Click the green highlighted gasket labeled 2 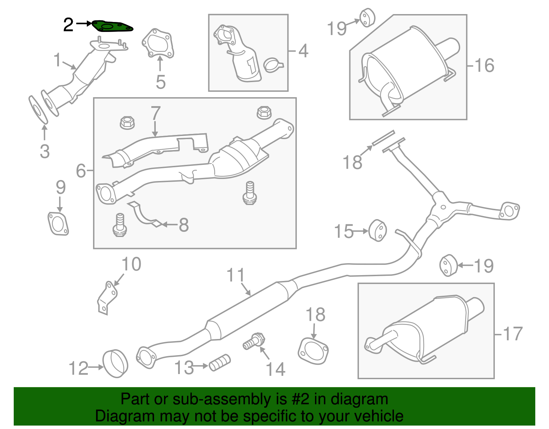point(113,26)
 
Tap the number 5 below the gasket point(161,82)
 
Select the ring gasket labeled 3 point(38,110)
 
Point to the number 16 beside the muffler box point(484,65)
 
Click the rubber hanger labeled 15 point(378,230)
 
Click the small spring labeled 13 point(220,362)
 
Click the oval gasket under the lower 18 point(313,351)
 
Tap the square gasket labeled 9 point(58,224)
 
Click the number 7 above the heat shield point(155,113)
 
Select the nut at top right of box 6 point(264,112)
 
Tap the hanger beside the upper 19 point(367,17)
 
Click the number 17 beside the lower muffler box point(513,334)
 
